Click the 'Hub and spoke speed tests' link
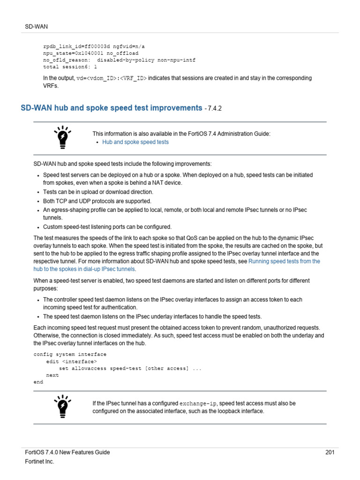135,142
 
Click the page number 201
330,452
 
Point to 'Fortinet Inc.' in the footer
39,462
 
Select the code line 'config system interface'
70,354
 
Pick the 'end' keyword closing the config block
38,382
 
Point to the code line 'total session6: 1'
70,67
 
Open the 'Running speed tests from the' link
284,261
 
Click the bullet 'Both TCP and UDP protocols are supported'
97,201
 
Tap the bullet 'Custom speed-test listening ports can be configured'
107,226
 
